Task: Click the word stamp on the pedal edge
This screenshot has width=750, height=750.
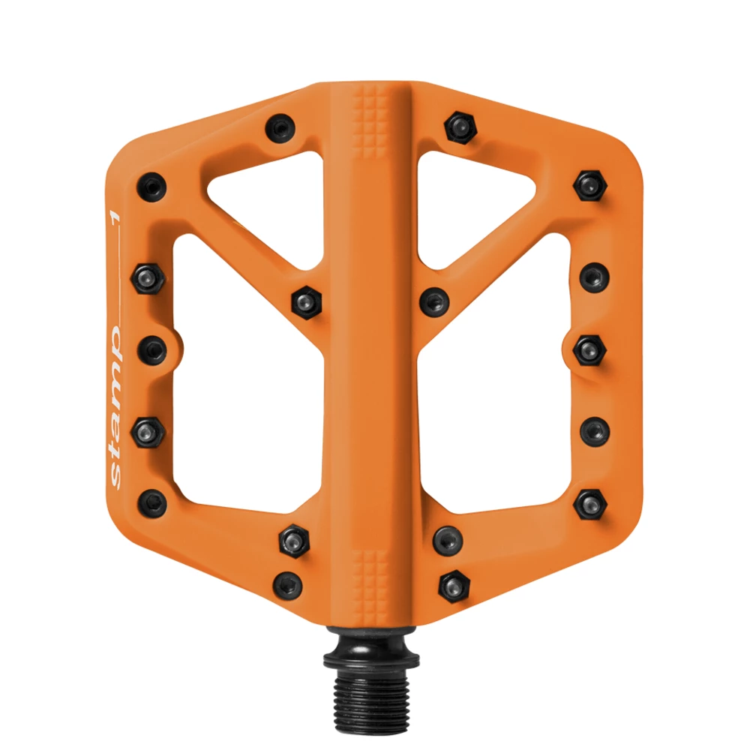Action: point(115,407)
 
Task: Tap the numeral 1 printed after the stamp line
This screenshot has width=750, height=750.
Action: point(115,217)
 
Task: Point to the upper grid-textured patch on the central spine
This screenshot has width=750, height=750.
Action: point(370,122)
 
